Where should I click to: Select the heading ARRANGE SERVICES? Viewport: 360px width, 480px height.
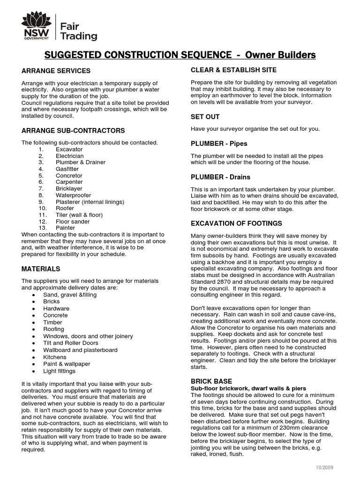tap(56, 71)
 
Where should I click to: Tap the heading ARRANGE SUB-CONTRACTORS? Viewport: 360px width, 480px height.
tap(73, 130)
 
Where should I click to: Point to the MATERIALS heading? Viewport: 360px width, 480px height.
tap(41, 269)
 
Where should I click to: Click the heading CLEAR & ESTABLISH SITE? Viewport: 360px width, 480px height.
tap(233, 70)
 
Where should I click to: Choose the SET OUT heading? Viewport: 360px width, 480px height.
tap(205, 117)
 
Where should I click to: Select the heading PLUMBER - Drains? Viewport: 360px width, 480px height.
tap(220, 177)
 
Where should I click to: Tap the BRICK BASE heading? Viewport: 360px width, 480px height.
tap(211, 382)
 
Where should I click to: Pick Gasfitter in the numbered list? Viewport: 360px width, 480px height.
tap(67, 169)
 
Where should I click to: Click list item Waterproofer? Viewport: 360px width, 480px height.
tap(74, 195)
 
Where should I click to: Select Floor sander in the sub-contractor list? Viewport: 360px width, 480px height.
tap(73, 221)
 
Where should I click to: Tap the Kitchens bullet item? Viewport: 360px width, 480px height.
tap(55, 357)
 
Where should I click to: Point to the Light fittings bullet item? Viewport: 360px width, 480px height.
tap(60, 371)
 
